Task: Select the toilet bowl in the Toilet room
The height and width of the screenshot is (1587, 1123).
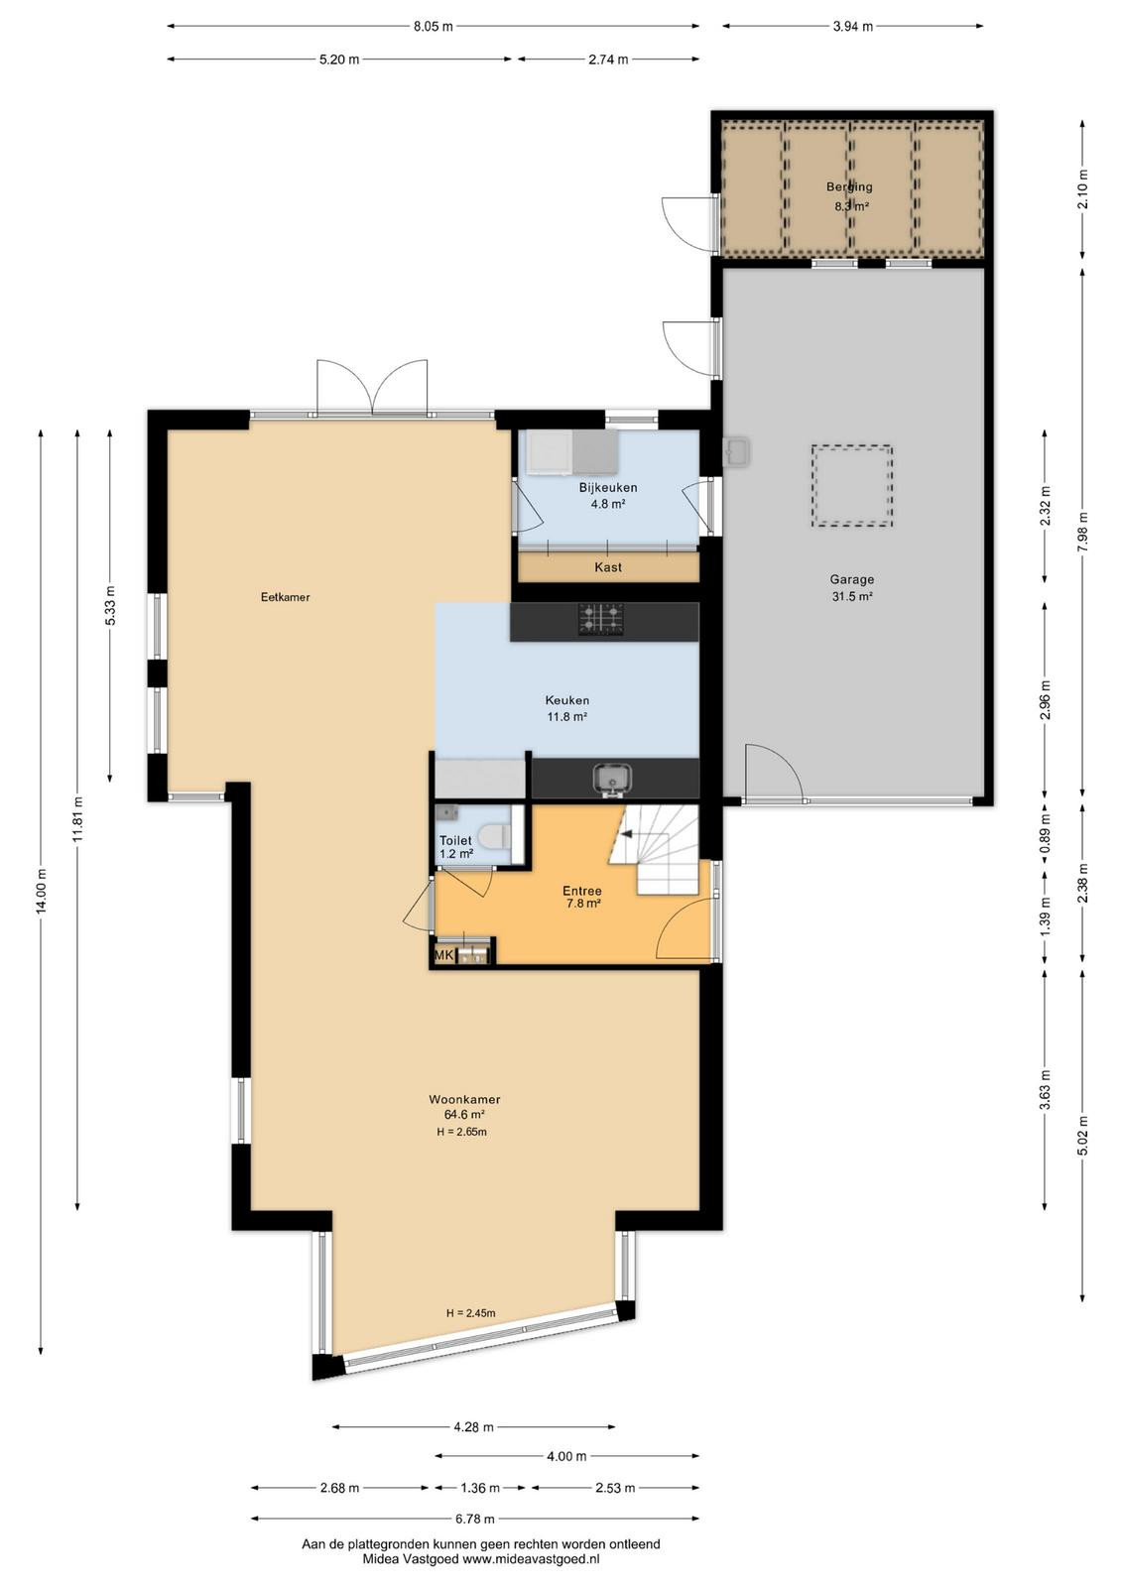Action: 495,836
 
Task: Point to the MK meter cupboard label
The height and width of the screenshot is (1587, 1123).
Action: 443,956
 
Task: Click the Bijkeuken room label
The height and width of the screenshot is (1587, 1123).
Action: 608,487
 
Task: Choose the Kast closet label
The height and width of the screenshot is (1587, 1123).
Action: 608,566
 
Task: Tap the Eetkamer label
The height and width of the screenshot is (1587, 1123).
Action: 286,597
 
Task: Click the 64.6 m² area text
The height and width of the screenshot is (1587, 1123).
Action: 464,1115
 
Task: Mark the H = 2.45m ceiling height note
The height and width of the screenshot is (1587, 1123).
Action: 470,1313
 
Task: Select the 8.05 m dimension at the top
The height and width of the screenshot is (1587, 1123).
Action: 433,27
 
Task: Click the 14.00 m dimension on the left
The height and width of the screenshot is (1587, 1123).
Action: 41,891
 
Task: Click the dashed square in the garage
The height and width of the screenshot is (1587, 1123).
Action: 851,485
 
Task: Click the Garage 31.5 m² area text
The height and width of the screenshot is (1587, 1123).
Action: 851,596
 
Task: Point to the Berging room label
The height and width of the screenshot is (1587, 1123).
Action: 849,187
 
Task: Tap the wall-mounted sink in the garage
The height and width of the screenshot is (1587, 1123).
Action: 737,450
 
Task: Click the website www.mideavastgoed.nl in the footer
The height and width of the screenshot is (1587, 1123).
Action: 531,1558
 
